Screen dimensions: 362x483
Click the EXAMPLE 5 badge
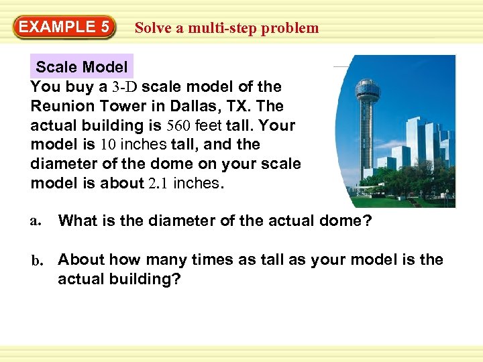pyautogui.click(x=63, y=27)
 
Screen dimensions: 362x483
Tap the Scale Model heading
pyautogui.click(x=81, y=67)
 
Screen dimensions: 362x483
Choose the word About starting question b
pyautogui.click(x=81, y=260)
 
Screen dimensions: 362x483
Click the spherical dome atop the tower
pyautogui.click(x=367, y=88)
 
